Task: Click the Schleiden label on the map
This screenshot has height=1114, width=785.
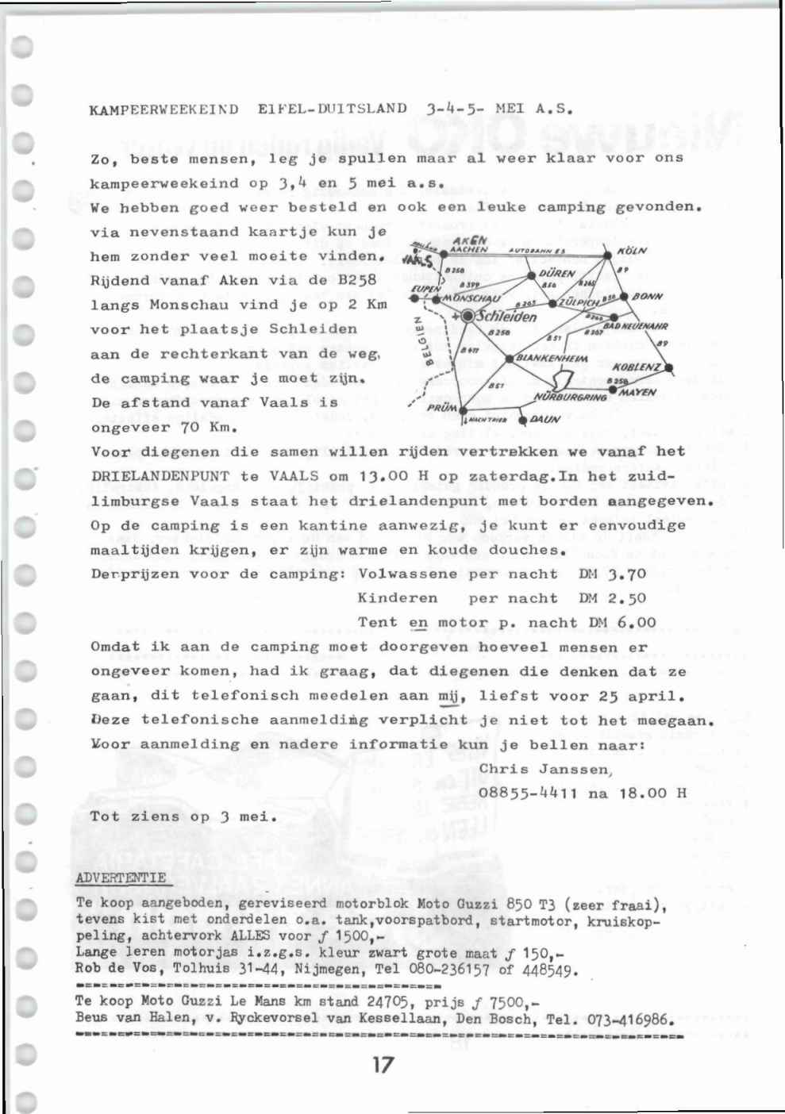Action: point(506,317)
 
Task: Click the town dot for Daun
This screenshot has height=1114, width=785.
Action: point(521,420)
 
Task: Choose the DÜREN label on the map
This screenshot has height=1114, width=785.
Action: point(556,273)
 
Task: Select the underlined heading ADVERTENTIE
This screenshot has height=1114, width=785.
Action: point(121,878)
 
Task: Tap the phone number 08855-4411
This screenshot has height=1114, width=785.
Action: point(529,793)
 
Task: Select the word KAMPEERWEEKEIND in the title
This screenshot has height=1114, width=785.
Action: point(164,109)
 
